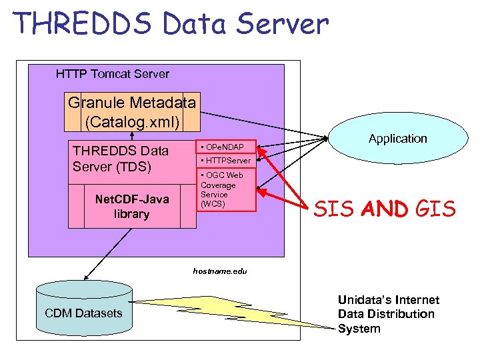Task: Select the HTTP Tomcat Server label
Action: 113,74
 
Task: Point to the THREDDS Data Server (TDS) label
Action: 121,158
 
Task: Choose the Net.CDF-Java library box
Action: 132,206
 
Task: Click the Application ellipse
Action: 397,139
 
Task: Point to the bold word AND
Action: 383,210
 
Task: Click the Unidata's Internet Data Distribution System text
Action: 388,314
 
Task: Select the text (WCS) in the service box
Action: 213,203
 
